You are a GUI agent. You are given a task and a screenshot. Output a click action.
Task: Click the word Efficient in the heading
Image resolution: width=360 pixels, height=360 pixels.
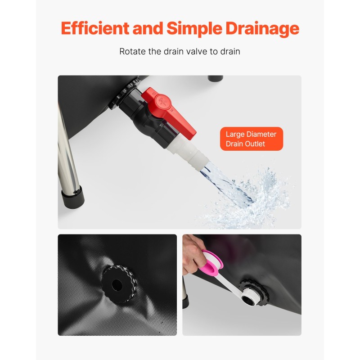(95, 28)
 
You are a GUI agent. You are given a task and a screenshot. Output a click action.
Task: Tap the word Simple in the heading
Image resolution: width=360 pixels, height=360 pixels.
(194, 29)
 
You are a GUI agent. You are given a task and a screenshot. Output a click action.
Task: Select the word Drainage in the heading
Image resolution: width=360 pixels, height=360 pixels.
(262, 29)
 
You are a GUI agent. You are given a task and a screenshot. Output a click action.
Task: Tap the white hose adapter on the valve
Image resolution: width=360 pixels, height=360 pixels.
(187, 153)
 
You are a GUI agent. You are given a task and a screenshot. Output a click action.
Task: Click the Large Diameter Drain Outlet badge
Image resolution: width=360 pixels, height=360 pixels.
(252, 139)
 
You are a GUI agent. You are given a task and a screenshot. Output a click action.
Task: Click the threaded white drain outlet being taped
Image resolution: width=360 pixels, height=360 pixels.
(250, 296)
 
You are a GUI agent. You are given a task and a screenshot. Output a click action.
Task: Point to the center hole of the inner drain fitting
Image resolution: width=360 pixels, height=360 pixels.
(117, 285)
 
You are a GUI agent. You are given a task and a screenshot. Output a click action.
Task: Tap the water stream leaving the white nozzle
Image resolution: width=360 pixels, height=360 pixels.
(220, 181)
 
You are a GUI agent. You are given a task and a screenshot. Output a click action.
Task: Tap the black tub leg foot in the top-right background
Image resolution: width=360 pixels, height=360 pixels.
(215, 78)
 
